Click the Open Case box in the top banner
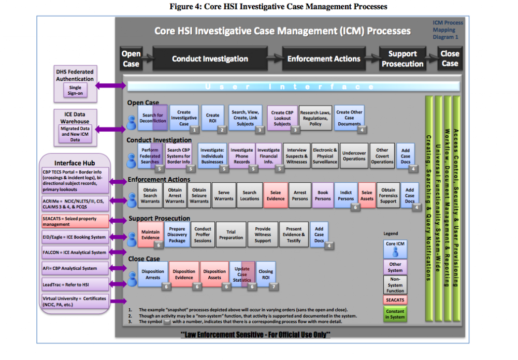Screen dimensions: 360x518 131,59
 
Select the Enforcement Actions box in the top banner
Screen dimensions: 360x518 324,59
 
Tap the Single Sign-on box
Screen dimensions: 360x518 75,91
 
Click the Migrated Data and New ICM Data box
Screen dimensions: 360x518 75,134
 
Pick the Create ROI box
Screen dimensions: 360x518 213,118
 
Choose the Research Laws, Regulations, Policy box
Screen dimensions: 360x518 315,118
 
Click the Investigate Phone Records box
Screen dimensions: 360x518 241,155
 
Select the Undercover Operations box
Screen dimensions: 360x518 354,156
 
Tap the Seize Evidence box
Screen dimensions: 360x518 276,195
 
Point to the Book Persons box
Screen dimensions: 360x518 323,195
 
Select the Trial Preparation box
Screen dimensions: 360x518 231,235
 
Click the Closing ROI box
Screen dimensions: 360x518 266,275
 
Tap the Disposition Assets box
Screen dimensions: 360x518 214,275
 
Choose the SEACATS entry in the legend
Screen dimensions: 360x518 395,300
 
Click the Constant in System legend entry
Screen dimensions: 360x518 395,314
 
